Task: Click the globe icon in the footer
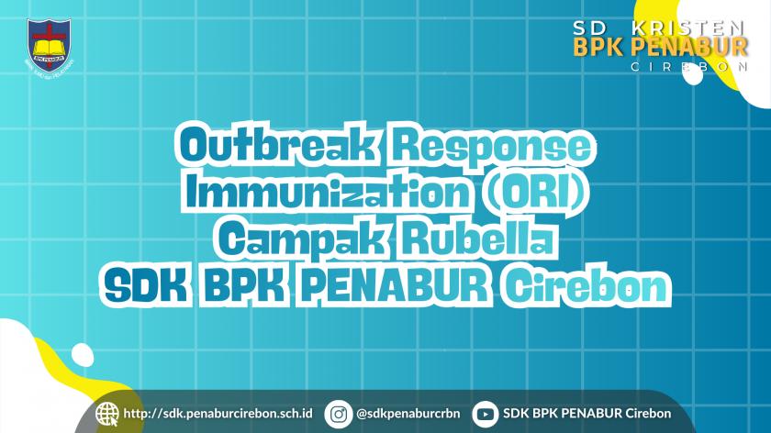point(107,414)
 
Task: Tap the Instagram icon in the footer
point(339,414)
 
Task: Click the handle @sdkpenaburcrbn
point(400,414)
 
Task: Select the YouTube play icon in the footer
point(485,414)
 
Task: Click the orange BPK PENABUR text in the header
point(659,46)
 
